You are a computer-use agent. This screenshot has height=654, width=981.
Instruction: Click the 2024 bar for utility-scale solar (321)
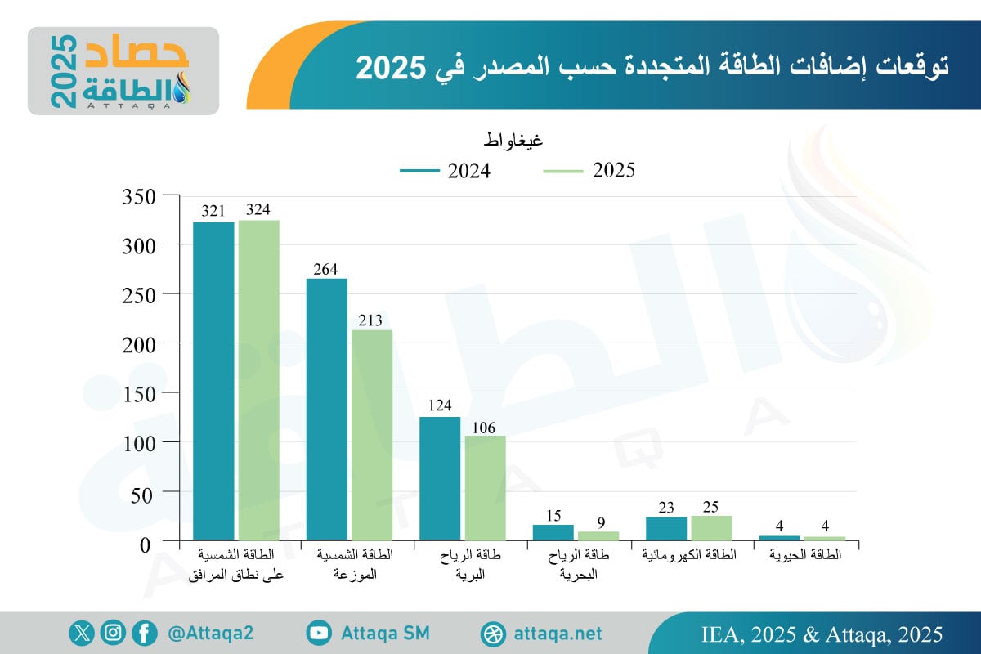point(213,381)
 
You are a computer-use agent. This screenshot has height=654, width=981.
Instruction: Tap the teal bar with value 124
point(440,478)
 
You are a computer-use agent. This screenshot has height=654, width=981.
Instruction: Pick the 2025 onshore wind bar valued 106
point(485,487)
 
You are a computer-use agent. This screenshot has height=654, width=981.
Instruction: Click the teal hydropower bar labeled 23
point(666,528)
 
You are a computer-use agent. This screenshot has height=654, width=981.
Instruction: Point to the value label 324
point(258,209)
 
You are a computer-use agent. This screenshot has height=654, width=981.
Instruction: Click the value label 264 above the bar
point(325,268)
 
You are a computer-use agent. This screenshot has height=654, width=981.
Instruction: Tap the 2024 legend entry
point(445,171)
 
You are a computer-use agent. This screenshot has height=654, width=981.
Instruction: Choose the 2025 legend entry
point(589,171)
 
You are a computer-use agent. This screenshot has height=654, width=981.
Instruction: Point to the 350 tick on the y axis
point(138,196)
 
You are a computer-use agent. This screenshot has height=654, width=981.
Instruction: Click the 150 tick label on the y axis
point(138,393)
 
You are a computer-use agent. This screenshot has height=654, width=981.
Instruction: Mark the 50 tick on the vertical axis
point(143,493)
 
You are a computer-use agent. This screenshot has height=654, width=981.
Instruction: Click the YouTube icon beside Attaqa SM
point(319,633)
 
